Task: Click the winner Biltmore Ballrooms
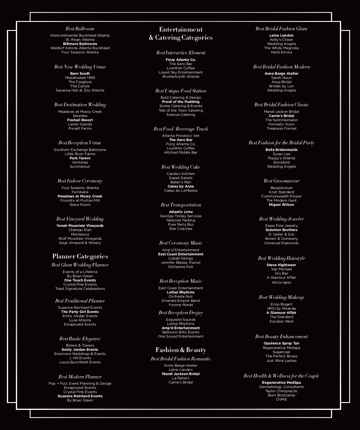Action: pos(80,44)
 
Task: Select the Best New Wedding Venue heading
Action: pos(80,67)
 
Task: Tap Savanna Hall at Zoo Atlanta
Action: pos(80,90)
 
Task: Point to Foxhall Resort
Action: pos(80,120)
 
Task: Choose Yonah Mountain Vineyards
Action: pos(80,226)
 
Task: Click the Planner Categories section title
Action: pos(80,256)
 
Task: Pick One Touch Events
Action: pos(80,280)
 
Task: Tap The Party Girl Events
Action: pos(80,312)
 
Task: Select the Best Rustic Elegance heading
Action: pos(80,339)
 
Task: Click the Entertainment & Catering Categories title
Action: pos(181,33)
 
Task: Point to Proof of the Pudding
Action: pos(181,102)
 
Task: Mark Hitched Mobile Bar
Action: pos(181,152)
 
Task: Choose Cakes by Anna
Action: pos(181,186)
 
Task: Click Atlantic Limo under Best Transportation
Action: pos(181,212)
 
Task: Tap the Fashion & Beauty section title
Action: pos(181,350)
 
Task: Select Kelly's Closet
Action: pos(281,40)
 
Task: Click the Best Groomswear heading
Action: pos(281,181)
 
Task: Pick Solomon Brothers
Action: pos(281,230)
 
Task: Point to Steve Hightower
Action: pos(281,265)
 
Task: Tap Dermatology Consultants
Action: pos(281,387)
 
